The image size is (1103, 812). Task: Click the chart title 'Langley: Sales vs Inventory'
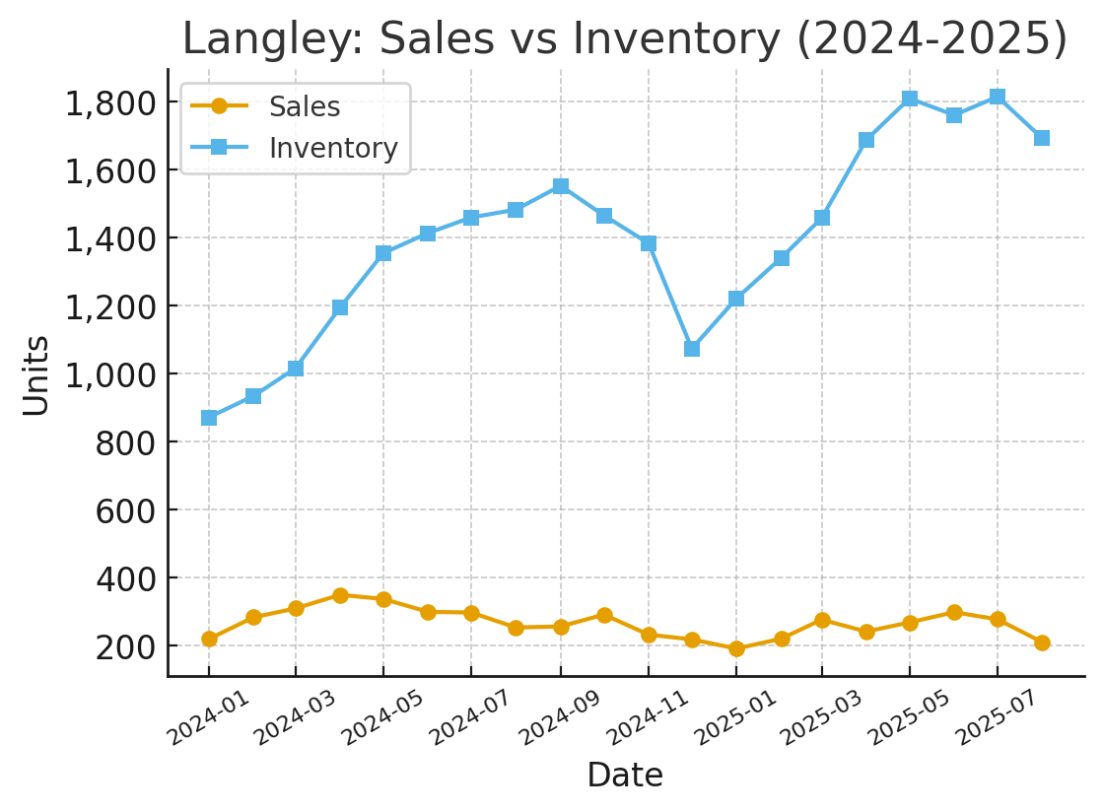[x=625, y=39]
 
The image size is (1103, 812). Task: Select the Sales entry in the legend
[x=304, y=106]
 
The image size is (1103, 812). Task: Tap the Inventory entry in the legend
[x=333, y=148]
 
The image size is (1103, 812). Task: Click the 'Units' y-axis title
[x=36, y=374]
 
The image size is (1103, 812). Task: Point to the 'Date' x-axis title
[x=625, y=776]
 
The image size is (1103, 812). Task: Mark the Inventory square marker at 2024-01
[x=209, y=418]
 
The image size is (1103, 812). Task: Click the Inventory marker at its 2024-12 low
[x=692, y=349]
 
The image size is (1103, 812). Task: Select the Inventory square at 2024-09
[x=561, y=186]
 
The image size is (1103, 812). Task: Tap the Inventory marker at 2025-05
[x=910, y=99]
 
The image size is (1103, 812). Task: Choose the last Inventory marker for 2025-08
[x=1042, y=138]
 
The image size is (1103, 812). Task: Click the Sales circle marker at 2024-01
[x=209, y=639]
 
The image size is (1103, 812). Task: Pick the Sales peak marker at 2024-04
[x=340, y=595]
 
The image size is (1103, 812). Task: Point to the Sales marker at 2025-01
[x=736, y=648]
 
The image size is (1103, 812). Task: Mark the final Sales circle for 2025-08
[x=1042, y=643]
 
